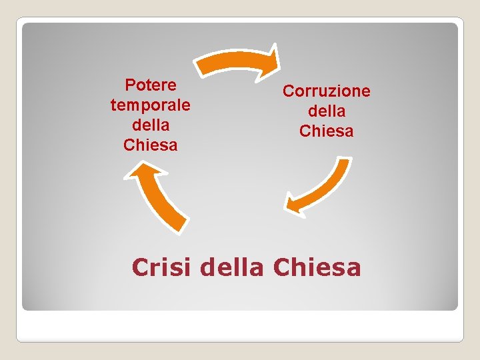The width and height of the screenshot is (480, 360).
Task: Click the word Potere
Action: pos(151,85)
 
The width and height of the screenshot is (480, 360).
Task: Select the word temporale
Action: pos(151,105)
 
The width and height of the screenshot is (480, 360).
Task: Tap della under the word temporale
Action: pos(151,125)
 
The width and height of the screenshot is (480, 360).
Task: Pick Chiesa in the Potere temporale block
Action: pos(151,145)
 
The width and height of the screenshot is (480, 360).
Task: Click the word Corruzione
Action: pos(326,91)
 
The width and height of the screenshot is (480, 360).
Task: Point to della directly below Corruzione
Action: pos(326,111)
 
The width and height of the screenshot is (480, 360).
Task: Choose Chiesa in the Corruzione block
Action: pos(326,131)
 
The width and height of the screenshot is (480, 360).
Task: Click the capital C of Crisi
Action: pos(140,267)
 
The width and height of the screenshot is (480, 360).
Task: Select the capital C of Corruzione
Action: pos(288,91)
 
